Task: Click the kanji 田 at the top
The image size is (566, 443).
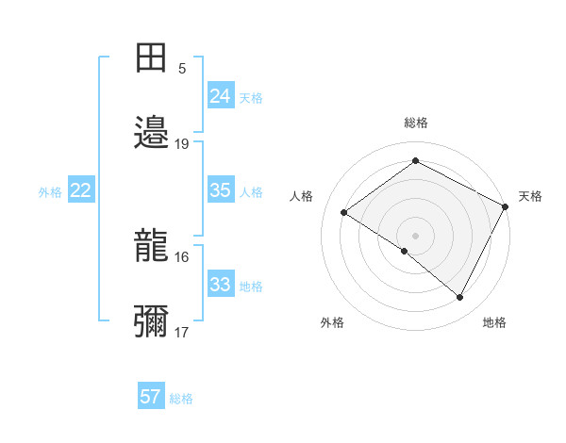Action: [x=152, y=59]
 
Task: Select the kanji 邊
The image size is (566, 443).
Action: [x=152, y=133]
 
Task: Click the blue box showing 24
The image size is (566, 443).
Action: [x=220, y=96]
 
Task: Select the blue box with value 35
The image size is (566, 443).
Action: [x=220, y=190]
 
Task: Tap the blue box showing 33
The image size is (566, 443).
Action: [x=220, y=285]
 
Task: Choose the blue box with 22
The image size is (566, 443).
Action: [x=80, y=190]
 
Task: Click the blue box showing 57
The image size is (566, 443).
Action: [x=150, y=397]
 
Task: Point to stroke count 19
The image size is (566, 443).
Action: [x=182, y=144]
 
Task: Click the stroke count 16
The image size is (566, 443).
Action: [x=182, y=257]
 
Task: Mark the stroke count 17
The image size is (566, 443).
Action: [x=182, y=333]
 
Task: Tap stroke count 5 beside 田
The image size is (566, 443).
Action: [x=182, y=69]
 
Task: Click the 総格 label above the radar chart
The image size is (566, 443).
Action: [x=415, y=123]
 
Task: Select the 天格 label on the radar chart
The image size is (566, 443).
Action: [x=530, y=196]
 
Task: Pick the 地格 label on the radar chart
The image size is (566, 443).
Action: [x=494, y=322]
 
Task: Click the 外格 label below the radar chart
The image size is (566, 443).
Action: [x=332, y=322]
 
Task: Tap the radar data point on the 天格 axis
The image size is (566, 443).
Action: [x=506, y=206]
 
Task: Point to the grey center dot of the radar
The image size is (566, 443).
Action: [x=415, y=235]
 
